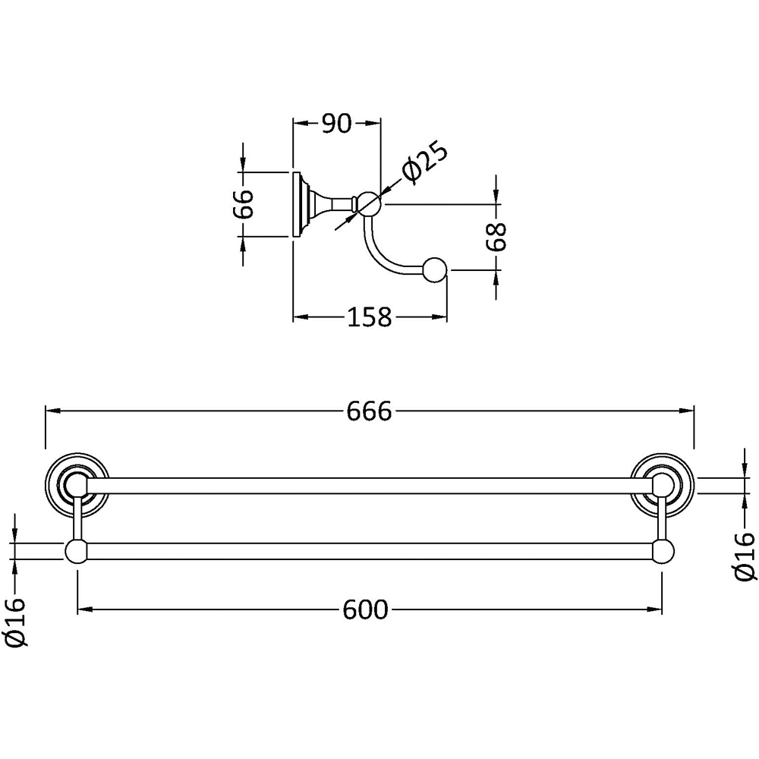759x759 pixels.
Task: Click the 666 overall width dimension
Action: coord(369,412)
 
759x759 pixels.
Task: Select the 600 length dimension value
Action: coord(366,610)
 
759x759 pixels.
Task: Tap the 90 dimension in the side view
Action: coord(336,124)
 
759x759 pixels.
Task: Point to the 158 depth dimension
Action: coord(370,317)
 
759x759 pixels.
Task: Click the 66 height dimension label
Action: coord(247,203)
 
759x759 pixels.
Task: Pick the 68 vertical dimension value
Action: coord(496,237)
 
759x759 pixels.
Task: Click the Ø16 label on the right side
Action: coord(744,556)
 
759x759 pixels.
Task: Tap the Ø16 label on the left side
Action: coord(15,622)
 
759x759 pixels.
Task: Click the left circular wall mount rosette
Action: coord(77,485)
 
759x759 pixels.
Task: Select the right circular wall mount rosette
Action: coord(663,485)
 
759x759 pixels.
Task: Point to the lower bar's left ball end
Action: coord(76,551)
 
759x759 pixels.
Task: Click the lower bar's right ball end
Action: coord(663,551)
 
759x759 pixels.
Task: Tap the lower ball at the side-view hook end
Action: coord(435,271)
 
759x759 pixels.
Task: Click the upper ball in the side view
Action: coord(370,203)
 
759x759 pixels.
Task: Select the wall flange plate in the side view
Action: coord(296,203)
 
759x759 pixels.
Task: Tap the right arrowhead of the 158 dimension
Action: coord(439,317)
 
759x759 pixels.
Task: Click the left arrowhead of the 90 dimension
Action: coord(301,124)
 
